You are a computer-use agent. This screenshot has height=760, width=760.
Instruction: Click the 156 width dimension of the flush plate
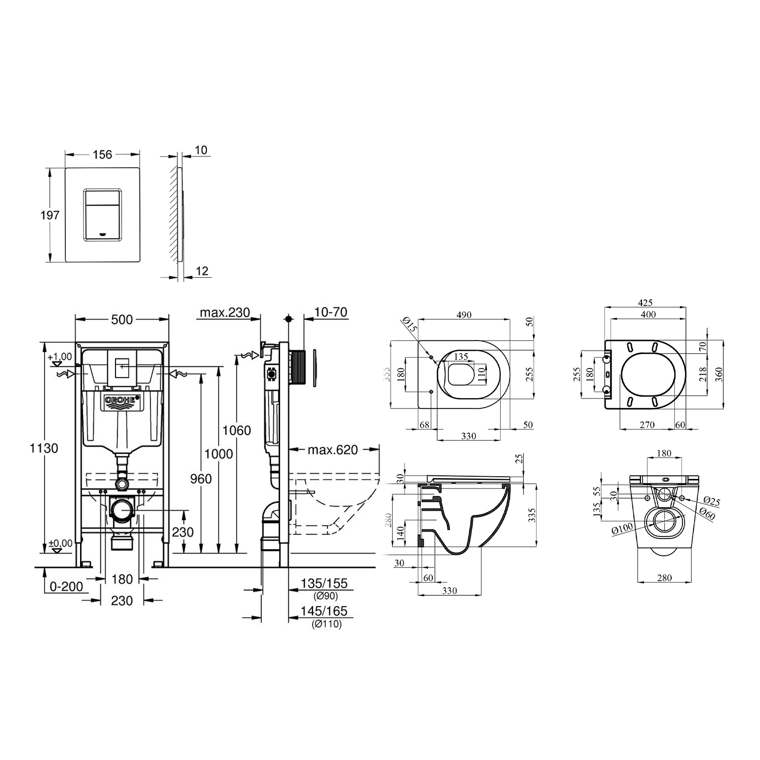pyautogui.click(x=102, y=154)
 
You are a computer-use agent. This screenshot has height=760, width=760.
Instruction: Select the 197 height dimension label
pyautogui.click(x=50, y=215)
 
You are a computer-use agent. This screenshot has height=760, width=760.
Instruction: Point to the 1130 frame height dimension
pyautogui.click(x=44, y=448)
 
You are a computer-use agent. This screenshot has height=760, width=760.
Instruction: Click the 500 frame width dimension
pyautogui.click(x=122, y=319)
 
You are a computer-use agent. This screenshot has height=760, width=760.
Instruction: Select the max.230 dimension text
pyautogui.click(x=224, y=313)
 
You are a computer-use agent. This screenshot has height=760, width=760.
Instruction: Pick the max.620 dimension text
pyautogui.click(x=332, y=449)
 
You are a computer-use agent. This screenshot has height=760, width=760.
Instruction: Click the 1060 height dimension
pyautogui.click(x=237, y=430)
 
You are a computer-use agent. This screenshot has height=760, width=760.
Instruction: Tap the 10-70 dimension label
pyautogui.click(x=330, y=313)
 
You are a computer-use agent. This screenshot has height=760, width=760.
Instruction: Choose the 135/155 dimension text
pyautogui.click(x=324, y=584)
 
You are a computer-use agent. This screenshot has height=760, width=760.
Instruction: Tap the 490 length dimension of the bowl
pyautogui.click(x=464, y=315)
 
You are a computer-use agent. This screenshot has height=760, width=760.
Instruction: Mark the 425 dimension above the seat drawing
pyautogui.click(x=644, y=302)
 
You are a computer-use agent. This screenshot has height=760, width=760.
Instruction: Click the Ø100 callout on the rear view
pyautogui.click(x=622, y=529)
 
